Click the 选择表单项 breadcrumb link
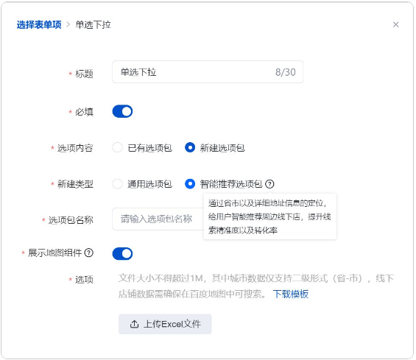click(39, 25)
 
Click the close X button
click(395, 25)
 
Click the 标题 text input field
click(208, 72)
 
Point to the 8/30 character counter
click(286, 72)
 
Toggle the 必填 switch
click(122, 111)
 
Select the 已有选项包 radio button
click(117, 147)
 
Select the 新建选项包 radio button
click(190, 147)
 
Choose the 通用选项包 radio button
click(117, 183)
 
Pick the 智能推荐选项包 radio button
click(190, 183)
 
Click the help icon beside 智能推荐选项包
click(269, 184)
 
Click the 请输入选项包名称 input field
click(158, 219)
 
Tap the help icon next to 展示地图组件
click(89, 253)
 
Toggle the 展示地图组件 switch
click(122, 253)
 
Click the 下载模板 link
click(291, 294)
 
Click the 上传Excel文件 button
click(165, 324)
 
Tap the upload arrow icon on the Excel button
click(134, 324)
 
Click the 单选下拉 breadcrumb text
click(93, 25)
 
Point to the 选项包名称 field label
click(71, 220)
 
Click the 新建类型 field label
click(75, 184)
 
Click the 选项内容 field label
click(75, 148)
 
